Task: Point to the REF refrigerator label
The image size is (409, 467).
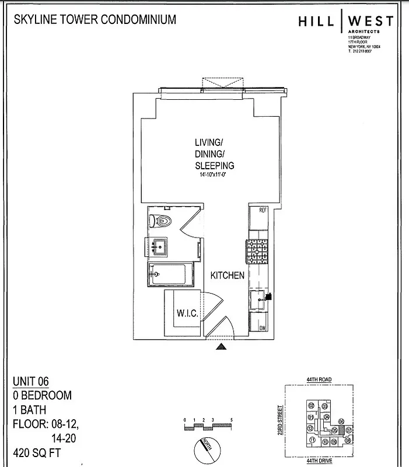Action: pyautogui.click(x=262, y=210)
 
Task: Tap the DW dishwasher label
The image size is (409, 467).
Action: pyautogui.click(x=263, y=329)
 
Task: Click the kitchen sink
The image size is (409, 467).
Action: pyautogui.click(x=259, y=301)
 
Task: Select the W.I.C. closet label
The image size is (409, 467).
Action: pyautogui.click(x=187, y=314)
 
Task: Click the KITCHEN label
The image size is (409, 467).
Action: pyautogui.click(x=227, y=276)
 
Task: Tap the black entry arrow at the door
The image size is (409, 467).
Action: pyautogui.click(x=221, y=348)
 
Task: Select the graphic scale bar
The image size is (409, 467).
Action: pyautogui.click(x=208, y=426)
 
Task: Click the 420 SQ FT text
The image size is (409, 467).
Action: pyautogui.click(x=36, y=453)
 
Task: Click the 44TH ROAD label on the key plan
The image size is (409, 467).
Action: pyautogui.click(x=319, y=380)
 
